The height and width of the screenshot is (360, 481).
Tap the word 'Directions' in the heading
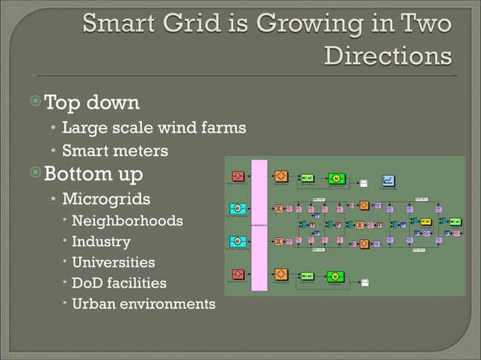pyautogui.click(x=388, y=56)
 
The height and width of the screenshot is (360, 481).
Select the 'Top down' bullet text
pyautogui.click(x=91, y=101)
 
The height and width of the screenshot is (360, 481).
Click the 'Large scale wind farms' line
pyautogui.click(x=153, y=127)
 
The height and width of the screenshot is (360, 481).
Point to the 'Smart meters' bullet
pyautogui.click(x=115, y=151)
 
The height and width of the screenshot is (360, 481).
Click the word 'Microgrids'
pyautogui.click(x=106, y=200)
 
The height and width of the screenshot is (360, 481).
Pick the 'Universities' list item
pyautogui.click(x=113, y=263)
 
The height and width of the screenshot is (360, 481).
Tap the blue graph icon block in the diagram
pyautogui.click(x=389, y=180)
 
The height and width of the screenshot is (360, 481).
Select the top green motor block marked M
pyautogui.click(x=337, y=178)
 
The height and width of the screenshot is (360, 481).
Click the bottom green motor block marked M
pyautogui.click(x=335, y=277)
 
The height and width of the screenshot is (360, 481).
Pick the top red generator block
pyautogui.click(x=237, y=176)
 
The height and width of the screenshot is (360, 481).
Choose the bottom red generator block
pyautogui.click(x=237, y=274)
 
